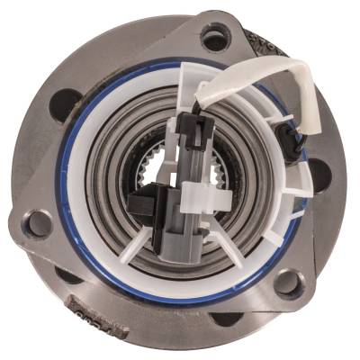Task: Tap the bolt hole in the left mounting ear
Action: tap(37, 224)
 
